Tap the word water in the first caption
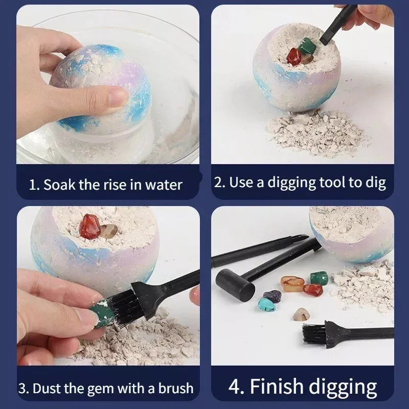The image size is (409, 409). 163,185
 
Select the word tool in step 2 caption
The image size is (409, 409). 332,182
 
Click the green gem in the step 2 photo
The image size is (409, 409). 307,46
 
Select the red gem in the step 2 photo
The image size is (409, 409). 294,57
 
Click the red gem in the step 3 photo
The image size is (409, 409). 89,226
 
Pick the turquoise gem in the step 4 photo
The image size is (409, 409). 266,304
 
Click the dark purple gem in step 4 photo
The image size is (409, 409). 272,295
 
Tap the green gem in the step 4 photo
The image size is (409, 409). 319,278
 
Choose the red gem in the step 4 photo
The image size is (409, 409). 313,290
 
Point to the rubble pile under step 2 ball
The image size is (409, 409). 316,133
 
